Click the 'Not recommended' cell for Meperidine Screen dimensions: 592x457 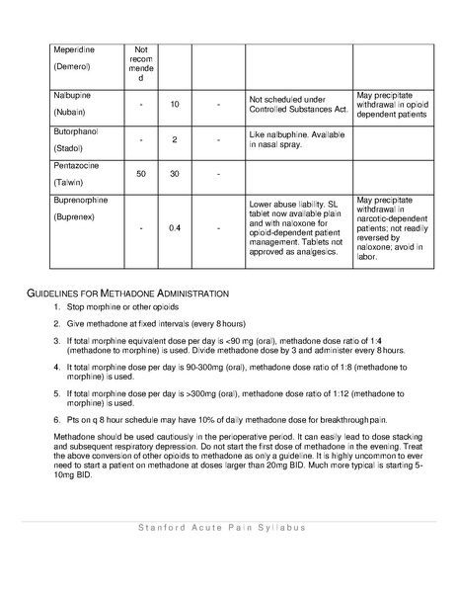click(x=141, y=62)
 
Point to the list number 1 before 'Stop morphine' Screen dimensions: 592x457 click(x=57, y=307)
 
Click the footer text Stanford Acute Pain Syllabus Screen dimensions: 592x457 click(x=221, y=527)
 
